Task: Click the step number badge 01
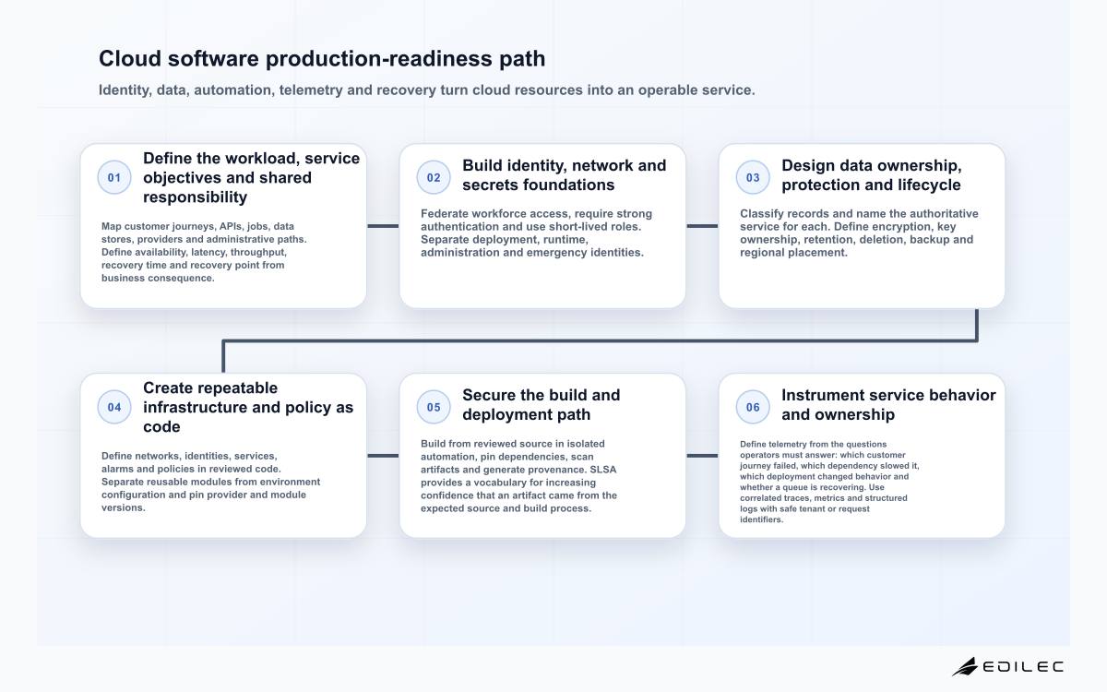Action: [x=114, y=177]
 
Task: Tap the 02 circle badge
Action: [x=434, y=177]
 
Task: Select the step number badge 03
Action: [x=753, y=177]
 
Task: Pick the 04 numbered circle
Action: [x=114, y=407]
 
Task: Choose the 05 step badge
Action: [x=434, y=407]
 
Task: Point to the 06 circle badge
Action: [x=753, y=407]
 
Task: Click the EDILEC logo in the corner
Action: [x=1007, y=666]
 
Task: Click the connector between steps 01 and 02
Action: [x=383, y=226]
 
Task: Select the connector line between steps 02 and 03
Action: [x=702, y=226]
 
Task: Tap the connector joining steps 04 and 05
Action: [x=383, y=456]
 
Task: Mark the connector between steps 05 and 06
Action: [x=702, y=456]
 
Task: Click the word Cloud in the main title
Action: [x=130, y=58]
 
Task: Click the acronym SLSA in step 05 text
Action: [x=603, y=470]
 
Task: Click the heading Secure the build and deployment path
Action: [x=542, y=405]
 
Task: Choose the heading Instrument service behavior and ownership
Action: [x=888, y=405]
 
